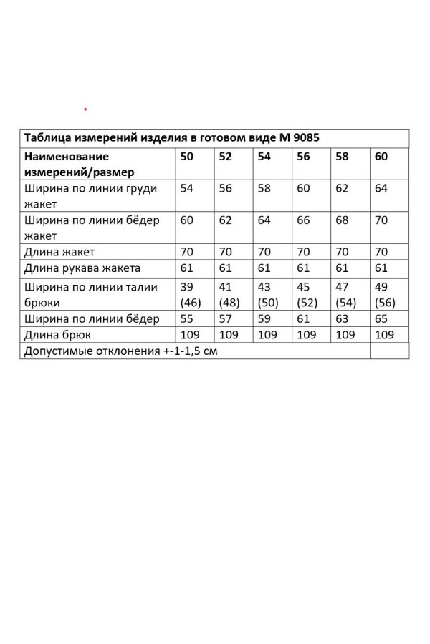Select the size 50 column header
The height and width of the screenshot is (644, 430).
(x=187, y=156)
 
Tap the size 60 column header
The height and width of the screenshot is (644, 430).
(x=381, y=156)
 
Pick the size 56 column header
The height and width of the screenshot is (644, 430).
(x=303, y=156)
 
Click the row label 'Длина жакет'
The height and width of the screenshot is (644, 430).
(x=59, y=252)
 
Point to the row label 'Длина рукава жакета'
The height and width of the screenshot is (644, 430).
(x=82, y=268)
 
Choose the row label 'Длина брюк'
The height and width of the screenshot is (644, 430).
(x=57, y=334)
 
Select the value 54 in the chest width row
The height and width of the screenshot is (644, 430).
(x=187, y=188)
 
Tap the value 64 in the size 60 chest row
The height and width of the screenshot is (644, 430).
(x=381, y=188)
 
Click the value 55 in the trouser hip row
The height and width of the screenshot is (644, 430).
(x=187, y=318)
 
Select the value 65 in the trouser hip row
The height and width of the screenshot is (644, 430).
(x=381, y=318)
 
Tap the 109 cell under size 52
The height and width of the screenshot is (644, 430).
(x=228, y=334)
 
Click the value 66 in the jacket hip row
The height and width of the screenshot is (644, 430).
(x=303, y=220)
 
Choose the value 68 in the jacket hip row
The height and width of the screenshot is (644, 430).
(x=342, y=220)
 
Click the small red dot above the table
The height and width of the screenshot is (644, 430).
(x=85, y=109)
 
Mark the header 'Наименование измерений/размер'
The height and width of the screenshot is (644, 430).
(x=79, y=164)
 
